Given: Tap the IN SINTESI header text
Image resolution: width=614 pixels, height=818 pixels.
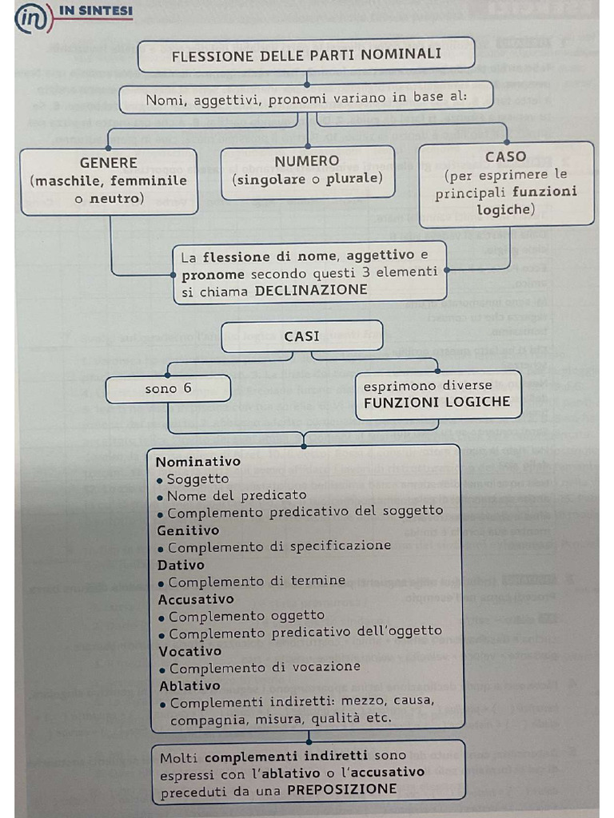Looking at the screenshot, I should pos(102,12).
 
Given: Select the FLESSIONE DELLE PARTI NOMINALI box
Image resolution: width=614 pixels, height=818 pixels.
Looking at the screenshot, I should pos(306,55).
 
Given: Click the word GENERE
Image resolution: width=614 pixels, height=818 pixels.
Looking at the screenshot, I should pos(109,163).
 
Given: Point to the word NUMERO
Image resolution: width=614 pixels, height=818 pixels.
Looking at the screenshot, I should pos(307,161).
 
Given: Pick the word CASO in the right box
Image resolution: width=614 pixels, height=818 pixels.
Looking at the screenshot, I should pos(506,157).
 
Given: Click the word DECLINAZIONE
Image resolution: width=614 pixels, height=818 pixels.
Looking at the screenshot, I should pos(311,291).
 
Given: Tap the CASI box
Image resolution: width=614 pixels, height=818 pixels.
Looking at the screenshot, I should pos(301,336).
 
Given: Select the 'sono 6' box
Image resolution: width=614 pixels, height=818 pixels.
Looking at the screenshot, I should pos(168,389).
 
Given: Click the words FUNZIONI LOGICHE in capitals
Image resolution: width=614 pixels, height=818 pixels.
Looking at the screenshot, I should pos(437,402).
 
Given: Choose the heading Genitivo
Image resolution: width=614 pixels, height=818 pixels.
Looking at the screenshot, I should pos(188,530).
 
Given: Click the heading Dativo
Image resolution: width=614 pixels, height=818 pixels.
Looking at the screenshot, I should pos(181,565).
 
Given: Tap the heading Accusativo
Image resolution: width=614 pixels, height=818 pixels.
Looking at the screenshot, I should pos(196,599).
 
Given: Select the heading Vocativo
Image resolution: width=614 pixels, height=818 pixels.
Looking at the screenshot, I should pos(189,651).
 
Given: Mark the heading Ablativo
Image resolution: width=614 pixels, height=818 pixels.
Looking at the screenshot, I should pos(189,685).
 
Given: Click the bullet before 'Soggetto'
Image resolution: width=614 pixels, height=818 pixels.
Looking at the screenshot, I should pos(161,480).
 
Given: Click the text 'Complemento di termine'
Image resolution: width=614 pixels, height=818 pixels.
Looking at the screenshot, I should pos(257,582).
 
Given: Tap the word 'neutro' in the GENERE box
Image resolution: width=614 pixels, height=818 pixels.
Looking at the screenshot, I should pos(115,198).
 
